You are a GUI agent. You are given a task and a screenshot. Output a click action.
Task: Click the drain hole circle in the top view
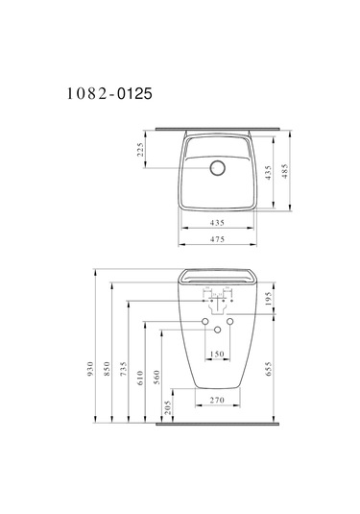point(217,167)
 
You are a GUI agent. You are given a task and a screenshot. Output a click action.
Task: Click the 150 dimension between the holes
point(217,355)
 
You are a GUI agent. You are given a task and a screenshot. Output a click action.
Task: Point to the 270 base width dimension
point(217,399)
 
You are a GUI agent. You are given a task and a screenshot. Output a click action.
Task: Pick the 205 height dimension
point(173,408)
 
